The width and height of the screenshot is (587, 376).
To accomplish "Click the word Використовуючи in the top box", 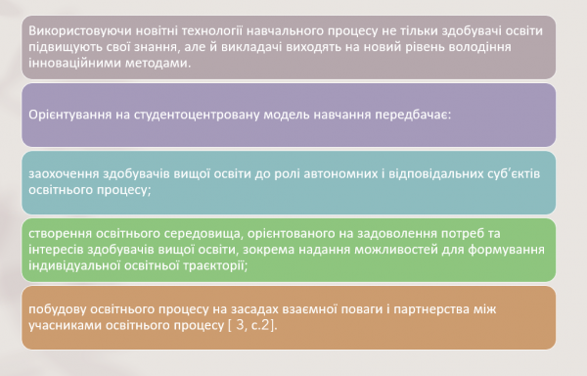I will pyautogui.click(x=74, y=29).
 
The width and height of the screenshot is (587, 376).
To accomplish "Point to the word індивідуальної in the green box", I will pyautogui.click(x=76, y=265).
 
